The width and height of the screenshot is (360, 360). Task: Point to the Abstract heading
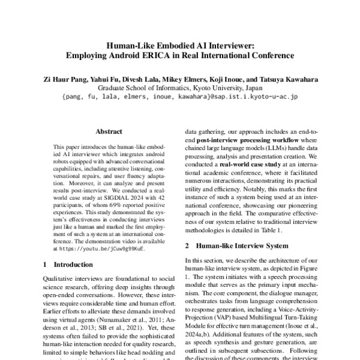(x=109, y=131)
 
